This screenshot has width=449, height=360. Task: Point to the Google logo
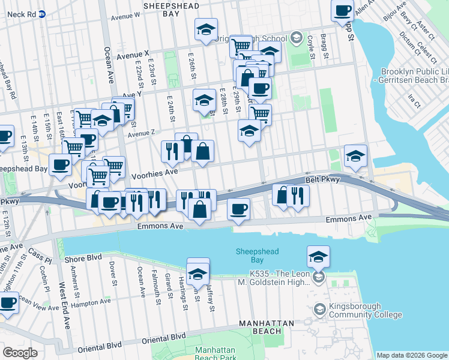point(20,352)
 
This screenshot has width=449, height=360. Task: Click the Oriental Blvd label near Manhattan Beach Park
point(164,338)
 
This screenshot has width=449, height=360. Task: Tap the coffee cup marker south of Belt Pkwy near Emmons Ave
point(238,209)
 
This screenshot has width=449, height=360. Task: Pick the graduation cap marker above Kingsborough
point(318,257)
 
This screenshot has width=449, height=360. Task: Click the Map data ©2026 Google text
point(411,355)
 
